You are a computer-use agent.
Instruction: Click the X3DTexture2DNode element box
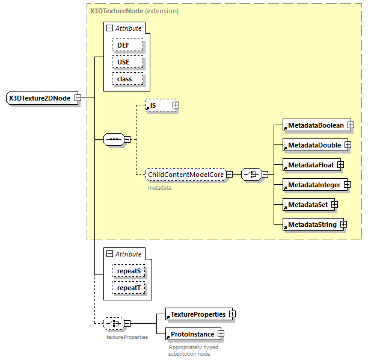click(x=40, y=98)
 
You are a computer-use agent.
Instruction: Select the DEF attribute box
click(x=127, y=45)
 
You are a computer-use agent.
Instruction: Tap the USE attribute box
click(x=127, y=62)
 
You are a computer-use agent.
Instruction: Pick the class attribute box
click(x=127, y=79)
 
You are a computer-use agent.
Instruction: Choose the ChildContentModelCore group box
click(x=185, y=174)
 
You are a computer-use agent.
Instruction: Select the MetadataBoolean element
click(x=314, y=125)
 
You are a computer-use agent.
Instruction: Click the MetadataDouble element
click(x=313, y=145)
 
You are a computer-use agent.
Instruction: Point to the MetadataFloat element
click(x=310, y=164)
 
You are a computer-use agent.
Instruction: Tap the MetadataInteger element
click(x=313, y=185)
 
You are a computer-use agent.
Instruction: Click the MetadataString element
click(x=311, y=225)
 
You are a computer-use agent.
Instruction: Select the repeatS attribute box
click(x=129, y=272)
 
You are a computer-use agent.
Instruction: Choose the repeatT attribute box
click(x=129, y=288)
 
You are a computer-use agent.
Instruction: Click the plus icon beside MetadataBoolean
click(x=350, y=125)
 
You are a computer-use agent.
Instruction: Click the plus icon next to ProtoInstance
click(x=221, y=334)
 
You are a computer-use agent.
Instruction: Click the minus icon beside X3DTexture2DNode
click(x=78, y=98)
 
